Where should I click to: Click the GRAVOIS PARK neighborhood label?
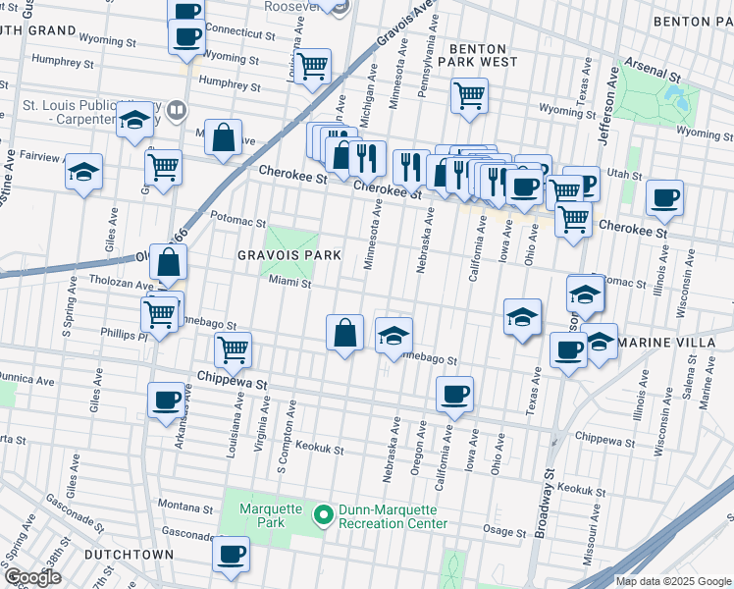pyautogui.click(x=288, y=255)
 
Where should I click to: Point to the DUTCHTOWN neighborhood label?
pyautogui.click(x=129, y=555)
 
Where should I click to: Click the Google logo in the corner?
pyautogui.click(x=32, y=577)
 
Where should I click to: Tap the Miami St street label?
pyautogui.click(x=290, y=284)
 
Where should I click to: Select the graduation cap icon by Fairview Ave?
pyautogui.click(x=84, y=172)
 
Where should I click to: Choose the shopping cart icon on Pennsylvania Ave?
pyautogui.click(x=470, y=95)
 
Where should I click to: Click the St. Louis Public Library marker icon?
pyautogui.click(x=177, y=109)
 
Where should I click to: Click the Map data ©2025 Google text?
pyautogui.click(x=672, y=581)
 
